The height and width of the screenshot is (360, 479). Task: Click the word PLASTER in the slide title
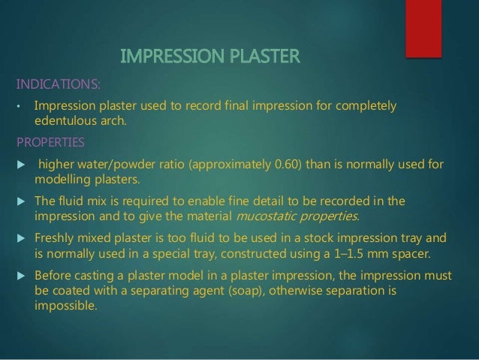(258, 56)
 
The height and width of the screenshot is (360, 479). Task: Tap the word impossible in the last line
(65, 305)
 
